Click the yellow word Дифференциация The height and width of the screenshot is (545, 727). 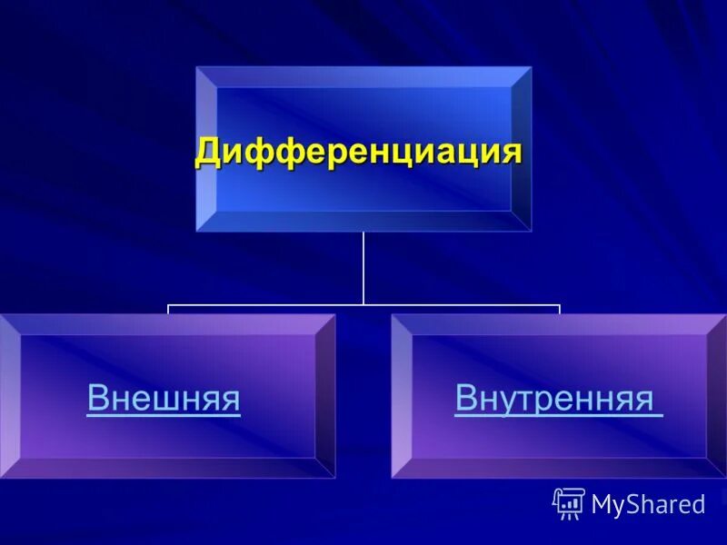tap(359, 151)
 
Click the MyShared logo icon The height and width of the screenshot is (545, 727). tap(568, 503)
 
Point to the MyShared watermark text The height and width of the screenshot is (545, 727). tap(648, 505)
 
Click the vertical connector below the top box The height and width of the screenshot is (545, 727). tap(363, 268)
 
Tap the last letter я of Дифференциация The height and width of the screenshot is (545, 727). tap(512, 151)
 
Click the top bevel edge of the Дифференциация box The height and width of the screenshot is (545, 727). tap(363, 76)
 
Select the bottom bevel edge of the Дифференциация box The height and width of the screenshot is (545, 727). tap(363, 221)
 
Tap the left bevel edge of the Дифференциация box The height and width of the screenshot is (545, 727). tap(206, 150)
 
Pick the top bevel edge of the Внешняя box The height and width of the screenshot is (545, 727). tap(164, 324)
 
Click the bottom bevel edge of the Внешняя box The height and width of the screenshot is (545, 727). tap(164, 468)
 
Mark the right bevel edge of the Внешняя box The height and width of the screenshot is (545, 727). tap(324, 396)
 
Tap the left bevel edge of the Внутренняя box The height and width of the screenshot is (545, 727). tap(402, 396)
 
